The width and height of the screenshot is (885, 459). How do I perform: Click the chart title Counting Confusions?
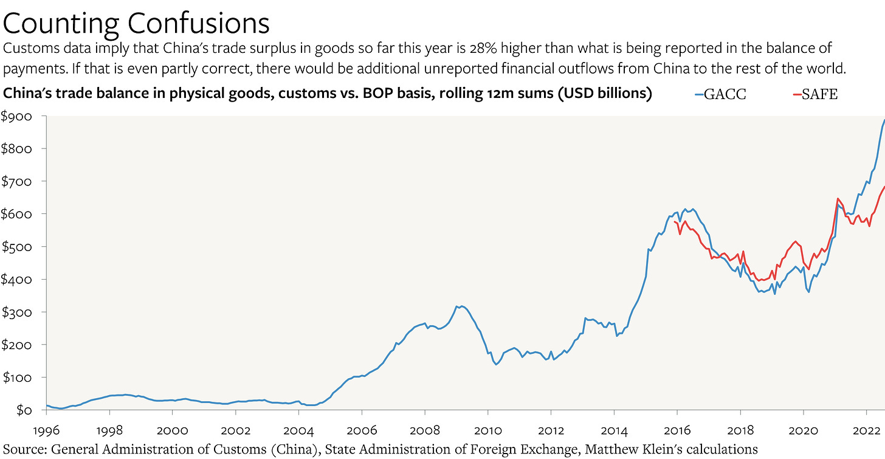[136, 23]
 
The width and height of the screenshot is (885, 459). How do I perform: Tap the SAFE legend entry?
[816, 95]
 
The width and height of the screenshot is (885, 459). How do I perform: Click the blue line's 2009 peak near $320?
[462, 306]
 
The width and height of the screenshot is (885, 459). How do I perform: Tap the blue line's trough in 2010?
[496, 364]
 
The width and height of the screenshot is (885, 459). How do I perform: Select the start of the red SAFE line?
[675, 221]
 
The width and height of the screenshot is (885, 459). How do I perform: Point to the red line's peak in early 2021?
[838, 199]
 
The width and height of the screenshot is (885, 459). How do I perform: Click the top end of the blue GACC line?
[884, 120]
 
